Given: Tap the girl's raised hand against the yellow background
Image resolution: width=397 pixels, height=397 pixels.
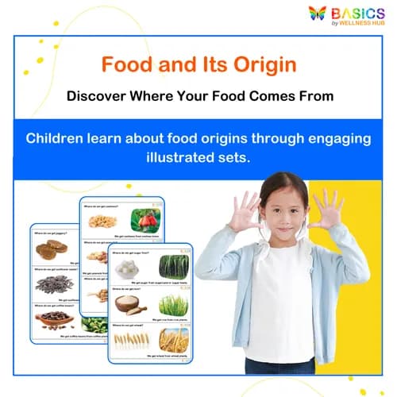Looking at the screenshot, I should coord(327,209).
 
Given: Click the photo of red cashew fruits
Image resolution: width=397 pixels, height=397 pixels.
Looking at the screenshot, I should coord(146,219).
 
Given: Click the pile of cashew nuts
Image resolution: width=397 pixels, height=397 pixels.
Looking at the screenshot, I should coord(103,221).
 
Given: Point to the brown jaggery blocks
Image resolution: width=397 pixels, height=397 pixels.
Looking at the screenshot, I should coord(52,249).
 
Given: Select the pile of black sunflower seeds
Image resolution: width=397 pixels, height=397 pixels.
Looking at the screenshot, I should coord(54,284).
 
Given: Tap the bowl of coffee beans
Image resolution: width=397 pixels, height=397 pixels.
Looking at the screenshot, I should coord(53,320).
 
